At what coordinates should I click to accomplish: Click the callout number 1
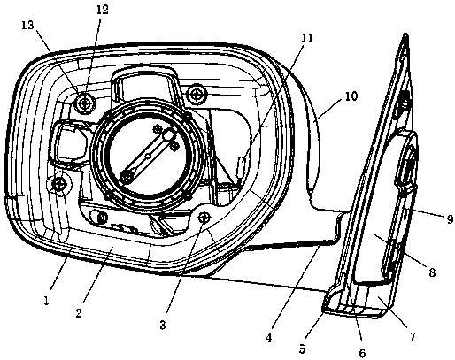point(46,301)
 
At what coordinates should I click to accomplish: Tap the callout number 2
point(79,313)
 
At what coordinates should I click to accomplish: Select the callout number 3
point(163,325)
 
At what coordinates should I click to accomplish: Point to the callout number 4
point(268,338)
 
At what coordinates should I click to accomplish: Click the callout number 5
point(302,349)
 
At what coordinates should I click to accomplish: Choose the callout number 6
point(362,353)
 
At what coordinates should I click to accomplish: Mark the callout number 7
point(413,337)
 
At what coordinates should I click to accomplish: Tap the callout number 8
point(432,272)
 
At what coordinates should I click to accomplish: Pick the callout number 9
point(450,219)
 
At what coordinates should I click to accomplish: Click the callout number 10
point(351,96)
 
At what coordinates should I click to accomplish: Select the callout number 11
point(307,38)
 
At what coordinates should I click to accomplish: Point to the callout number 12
point(102,10)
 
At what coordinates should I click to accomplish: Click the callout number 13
point(27,26)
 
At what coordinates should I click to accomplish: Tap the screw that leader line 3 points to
point(204,218)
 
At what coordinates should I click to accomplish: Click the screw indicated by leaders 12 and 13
point(85,103)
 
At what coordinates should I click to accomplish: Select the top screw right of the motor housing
point(196,95)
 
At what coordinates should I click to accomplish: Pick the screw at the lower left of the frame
point(59,185)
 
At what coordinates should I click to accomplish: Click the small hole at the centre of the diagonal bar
point(149,156)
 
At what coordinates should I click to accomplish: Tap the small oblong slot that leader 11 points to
point(241,165)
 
